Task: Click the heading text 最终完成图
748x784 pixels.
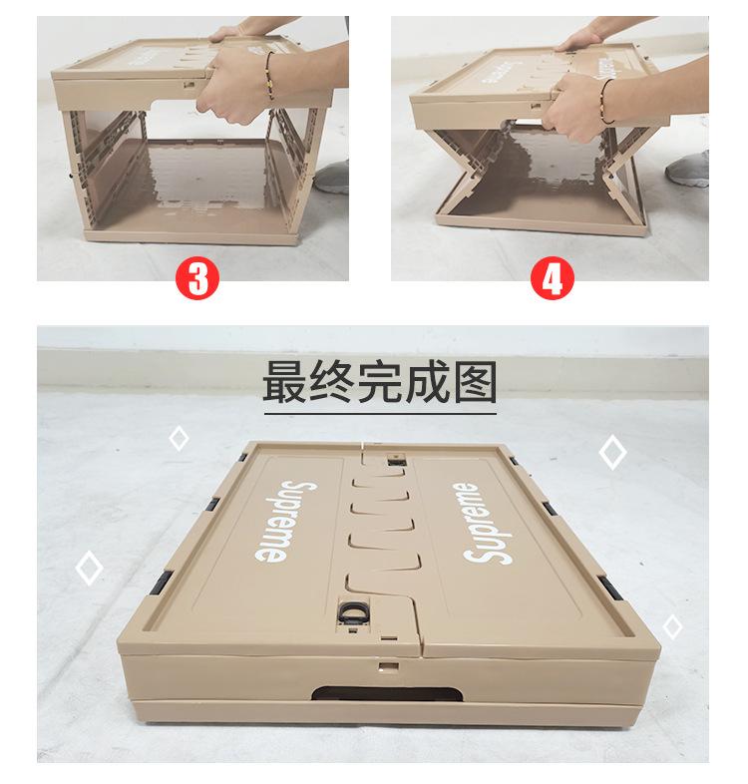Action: pos(379,381)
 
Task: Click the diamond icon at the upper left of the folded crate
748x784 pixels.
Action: pos(179,437)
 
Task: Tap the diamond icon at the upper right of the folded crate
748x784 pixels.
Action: pos(612,452)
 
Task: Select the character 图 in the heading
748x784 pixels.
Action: pos(473,381)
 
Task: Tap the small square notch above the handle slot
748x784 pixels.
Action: pos(384,661)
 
